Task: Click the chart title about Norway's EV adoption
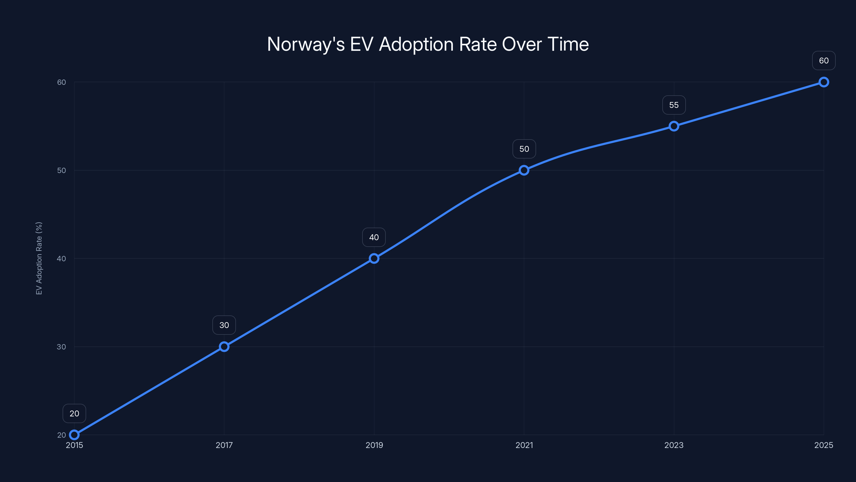[x=428, y=44]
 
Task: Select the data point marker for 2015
[x=74, y=435]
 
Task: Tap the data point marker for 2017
[x=224, y=347]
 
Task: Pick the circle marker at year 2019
[x=374, y=258]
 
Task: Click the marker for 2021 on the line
[x=524, y=170]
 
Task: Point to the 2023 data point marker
[x=674, y=126]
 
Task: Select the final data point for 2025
[x=823, y=82]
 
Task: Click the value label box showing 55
[x=674, y=105]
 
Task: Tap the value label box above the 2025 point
[x=823, y=61]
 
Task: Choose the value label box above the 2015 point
[x=74, y=413]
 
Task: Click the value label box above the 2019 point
[x=374, y=237]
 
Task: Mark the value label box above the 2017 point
[x=224, y=325]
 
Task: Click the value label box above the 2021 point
[x=524, y=149]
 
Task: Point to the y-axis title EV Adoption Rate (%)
[x=39, y=258]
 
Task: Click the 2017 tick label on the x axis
[x=224, y=445]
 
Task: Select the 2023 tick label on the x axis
[x=674, y=445]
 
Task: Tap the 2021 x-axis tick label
[x=524, y=445]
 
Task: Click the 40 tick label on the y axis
[x=62, y=258]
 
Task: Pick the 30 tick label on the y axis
[x=62, y=347]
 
